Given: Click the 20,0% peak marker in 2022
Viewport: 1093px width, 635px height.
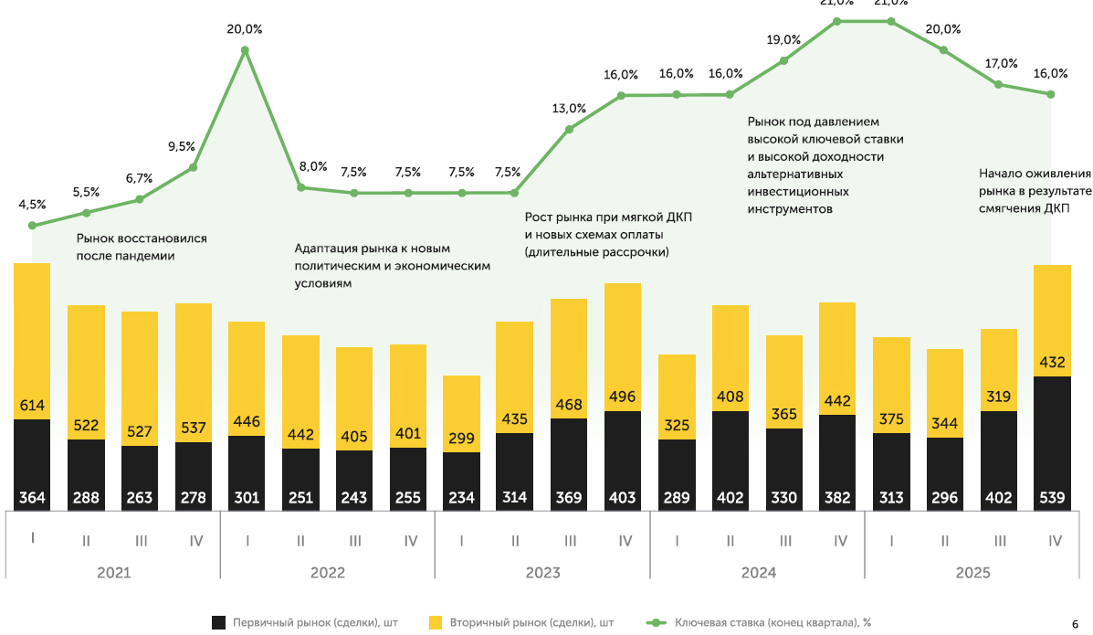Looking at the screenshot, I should pos(245,50).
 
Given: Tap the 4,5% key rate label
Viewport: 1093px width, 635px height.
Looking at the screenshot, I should pos(31,205).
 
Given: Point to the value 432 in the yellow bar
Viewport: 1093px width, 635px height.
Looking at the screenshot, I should pos(1052,363).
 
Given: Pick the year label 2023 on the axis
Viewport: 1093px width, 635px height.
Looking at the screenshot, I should pos(542,573).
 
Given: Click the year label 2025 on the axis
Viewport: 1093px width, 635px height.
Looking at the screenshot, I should pos(972,573).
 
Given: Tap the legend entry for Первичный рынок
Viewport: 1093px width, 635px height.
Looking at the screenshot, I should pos(307,622).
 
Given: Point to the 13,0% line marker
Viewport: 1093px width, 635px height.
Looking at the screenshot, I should pos(569,129).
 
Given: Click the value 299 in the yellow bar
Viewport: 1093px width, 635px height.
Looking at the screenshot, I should pos(462,439).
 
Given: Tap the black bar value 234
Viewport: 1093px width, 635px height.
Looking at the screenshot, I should pos(462,499).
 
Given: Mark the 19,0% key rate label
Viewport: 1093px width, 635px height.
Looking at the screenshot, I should pos(783,39).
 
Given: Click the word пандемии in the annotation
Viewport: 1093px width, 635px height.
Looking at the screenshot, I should pos(143,256).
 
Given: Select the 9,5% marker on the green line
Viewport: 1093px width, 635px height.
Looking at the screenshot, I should pos(193,167).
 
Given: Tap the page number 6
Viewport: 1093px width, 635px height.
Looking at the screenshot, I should pos(1075,622).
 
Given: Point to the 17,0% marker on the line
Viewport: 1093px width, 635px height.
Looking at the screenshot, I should pos(999,84).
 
